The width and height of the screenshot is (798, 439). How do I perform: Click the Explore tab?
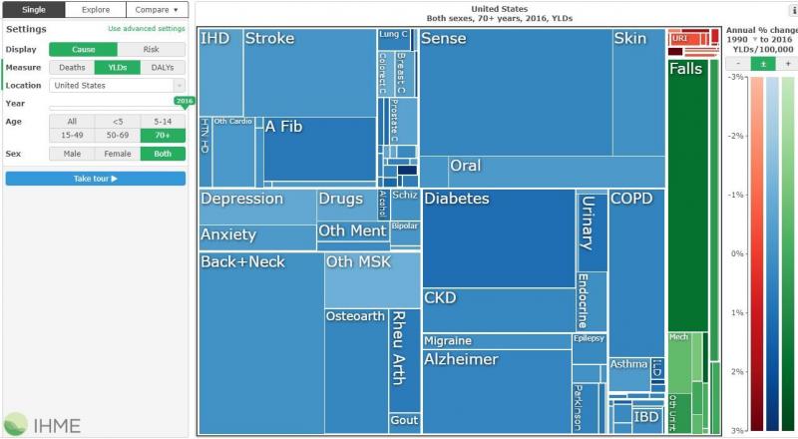click(x=96, y=9)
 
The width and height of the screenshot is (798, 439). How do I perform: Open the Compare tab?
click(x=157, y=9)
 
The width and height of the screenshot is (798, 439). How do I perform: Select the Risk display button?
click(x=151, y=49)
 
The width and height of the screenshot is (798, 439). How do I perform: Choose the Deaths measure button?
click(x=72, y=67)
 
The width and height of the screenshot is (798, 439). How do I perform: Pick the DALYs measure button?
click(x=163, y=67)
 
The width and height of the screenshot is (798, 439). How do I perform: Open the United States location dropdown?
click(x=117, y=86)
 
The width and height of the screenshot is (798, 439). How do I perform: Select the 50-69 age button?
click(x=117, y=135)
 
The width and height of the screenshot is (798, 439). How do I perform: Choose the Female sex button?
click(x=117, y=154)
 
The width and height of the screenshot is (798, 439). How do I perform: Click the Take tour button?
click(x=95, y=179)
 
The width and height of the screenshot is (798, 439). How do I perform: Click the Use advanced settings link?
click(x=146, y=30)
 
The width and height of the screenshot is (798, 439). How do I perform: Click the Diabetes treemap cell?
click(x=498, y=239)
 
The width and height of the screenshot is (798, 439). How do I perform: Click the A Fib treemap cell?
click(x=319, y=150)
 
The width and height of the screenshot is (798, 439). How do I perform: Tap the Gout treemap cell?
click(x=404, y=421)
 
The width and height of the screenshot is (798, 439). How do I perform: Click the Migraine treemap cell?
click(x=496, y=341)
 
